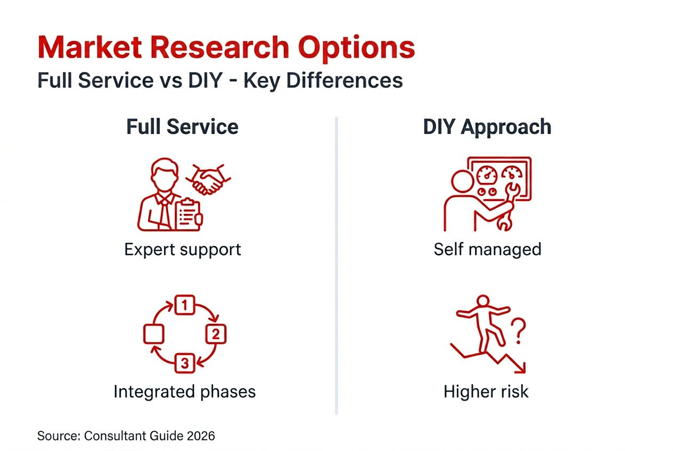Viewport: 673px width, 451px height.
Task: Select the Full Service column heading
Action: [x=182, y=127]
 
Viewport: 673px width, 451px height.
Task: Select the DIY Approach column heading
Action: [x=487, y=127]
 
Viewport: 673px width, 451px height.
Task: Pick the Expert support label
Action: [x=182, y=249]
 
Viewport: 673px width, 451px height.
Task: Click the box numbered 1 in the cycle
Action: [x=184, y=305]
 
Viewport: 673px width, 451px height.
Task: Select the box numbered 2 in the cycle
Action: [x=216, y=334]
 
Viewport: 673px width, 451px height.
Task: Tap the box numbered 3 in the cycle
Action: [x=184, y=363]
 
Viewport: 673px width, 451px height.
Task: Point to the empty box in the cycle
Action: [x=154, y=334]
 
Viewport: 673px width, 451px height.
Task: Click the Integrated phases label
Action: [x=184, y=392]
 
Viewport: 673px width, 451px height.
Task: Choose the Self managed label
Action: [x=487, y=249]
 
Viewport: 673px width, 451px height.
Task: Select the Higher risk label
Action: [x=486, y=392]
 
